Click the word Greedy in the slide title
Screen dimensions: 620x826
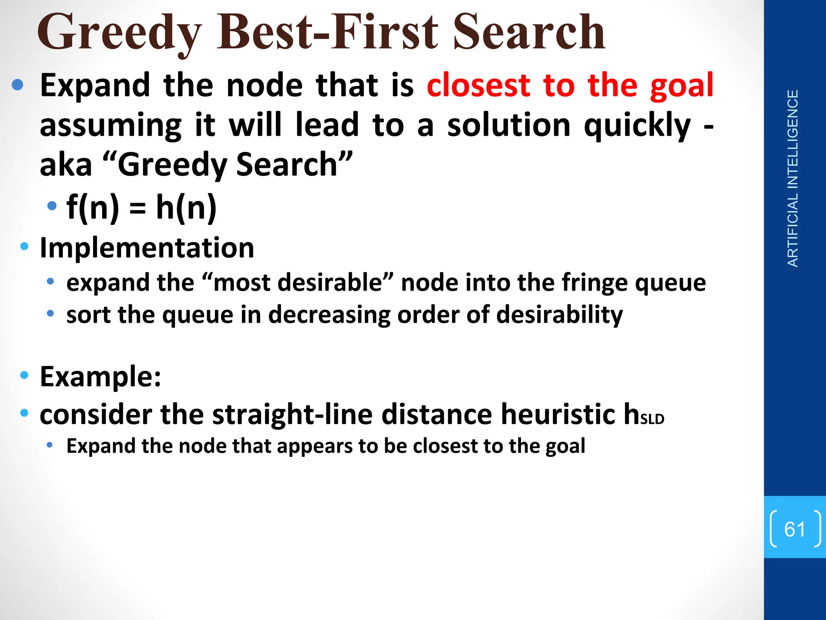[119, 32]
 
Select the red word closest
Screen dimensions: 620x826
[478, 86]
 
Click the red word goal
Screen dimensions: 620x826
[682, 86]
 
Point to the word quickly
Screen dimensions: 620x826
[637, 126]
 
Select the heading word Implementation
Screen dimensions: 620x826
[147, 247]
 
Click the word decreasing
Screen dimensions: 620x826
[329, 314]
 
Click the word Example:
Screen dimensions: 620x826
[100, 377]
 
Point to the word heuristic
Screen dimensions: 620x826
[558, 415]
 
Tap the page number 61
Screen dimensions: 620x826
[795, 529]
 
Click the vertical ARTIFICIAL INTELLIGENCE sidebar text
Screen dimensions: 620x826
[793, 178]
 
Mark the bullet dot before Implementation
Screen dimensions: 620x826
[24, 246]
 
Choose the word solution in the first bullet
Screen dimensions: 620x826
[509, 125]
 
